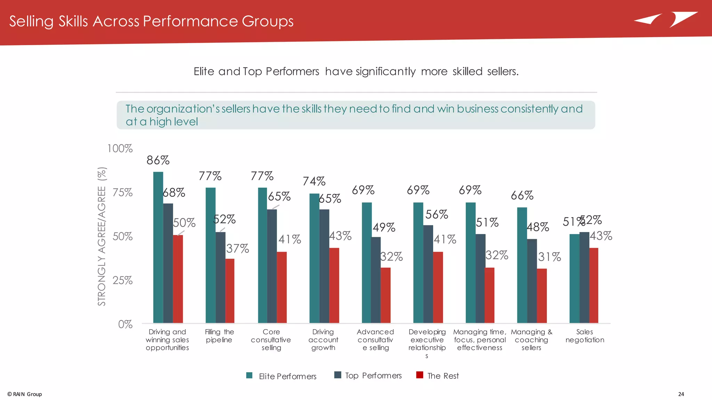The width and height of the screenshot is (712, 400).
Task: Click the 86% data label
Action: (158, 160)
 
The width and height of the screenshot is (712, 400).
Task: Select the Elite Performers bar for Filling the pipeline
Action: (210, 255)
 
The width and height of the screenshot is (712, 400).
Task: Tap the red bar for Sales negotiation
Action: (594, 285)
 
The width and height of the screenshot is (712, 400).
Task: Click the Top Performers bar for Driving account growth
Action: (324, 266)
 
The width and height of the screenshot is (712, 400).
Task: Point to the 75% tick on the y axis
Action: (122, 193)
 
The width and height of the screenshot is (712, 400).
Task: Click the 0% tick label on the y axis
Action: (125, 324)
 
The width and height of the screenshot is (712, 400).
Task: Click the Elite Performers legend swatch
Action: (249, 375)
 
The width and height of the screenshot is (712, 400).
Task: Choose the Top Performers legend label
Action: (373, 376)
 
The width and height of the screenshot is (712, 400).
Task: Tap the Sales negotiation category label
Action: (585, 336)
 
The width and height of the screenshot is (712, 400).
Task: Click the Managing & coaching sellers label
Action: (531, 340)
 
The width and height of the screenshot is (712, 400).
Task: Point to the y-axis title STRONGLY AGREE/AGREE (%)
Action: (102, 236)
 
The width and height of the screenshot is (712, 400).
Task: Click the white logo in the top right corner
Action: (665, 19)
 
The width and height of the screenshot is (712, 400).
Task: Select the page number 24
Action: (681, 394)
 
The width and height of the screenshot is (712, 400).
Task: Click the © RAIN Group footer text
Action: (25, 394)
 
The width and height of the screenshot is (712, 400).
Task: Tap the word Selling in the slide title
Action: (31, 22)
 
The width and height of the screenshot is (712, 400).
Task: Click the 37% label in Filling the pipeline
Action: (237, 249)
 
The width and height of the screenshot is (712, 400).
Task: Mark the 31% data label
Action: (549, 257)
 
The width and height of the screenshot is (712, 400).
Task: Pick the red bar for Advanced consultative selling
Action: (386, 295)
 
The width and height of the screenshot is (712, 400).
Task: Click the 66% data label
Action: (522, 195)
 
